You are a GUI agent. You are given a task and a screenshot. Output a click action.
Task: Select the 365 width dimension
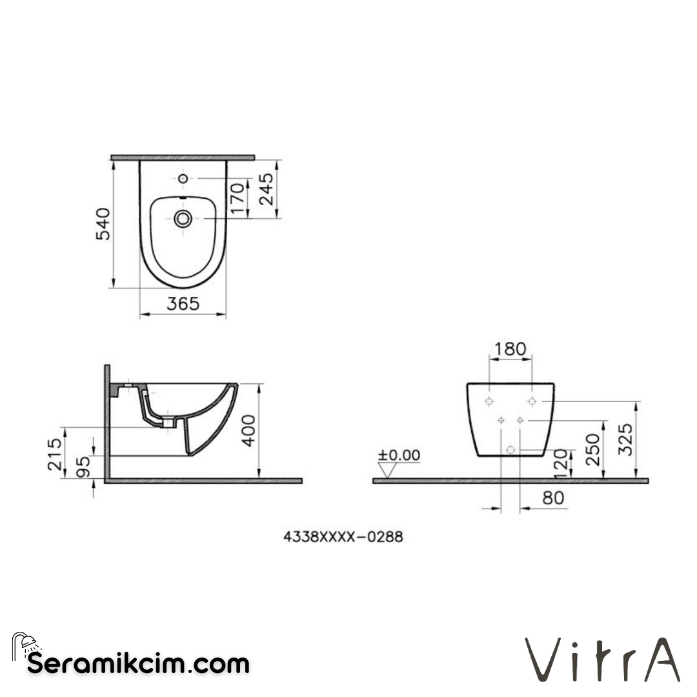(183, 303)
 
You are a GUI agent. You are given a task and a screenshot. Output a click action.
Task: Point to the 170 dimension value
(237, 198)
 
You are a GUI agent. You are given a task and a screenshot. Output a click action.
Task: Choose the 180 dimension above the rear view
(510, 350)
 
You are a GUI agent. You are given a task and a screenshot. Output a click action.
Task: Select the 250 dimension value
(592, 449)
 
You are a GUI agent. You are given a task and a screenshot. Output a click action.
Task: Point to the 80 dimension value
(553, 498)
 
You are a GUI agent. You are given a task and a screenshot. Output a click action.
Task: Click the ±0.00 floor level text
(399, 456)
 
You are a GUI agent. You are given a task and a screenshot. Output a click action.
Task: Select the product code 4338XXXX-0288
(343, 536)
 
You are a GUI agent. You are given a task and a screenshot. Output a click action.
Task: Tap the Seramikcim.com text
(138, 663)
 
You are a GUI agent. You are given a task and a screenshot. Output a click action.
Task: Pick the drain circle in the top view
(183, 218)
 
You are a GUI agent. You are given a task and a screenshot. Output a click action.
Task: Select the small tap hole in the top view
(183, 178)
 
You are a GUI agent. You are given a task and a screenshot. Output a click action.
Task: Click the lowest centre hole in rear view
(510, 449)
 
